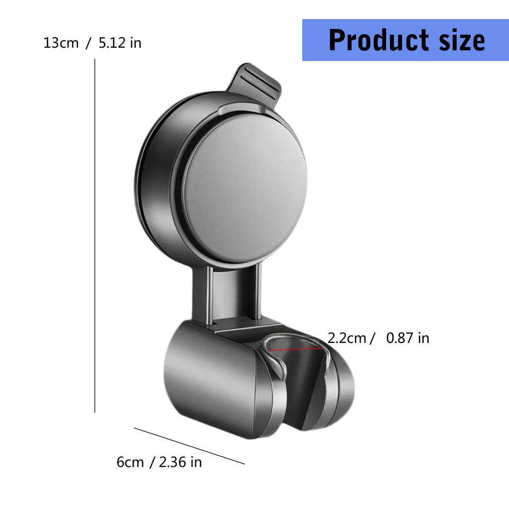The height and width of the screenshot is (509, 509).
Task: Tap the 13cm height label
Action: [61, 43]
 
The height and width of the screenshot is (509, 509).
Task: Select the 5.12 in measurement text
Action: [120, 43]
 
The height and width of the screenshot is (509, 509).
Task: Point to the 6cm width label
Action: [130, 462]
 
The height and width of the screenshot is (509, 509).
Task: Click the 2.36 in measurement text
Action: [180, 462]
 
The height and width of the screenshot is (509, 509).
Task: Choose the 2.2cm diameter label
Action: [347, 339]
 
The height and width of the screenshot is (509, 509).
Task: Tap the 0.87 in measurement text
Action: [407, 339]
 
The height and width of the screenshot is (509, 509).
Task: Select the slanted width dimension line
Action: [189, 445]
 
